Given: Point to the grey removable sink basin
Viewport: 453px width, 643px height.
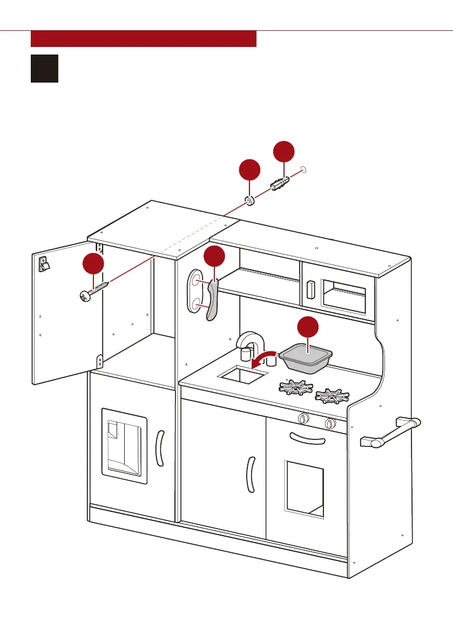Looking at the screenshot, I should pyautogui.click(x=305, y=358).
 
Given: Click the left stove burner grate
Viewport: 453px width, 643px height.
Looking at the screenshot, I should pyautogui.click(x=295, y=387).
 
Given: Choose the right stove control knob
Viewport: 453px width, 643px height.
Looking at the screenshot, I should pyautogui.click(x=329, y=424).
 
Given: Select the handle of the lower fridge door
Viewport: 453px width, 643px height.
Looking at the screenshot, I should pyautogui.click(x=159, y=448).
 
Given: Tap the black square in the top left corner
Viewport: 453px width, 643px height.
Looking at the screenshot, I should pyautogui.click(x=44, y=68).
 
